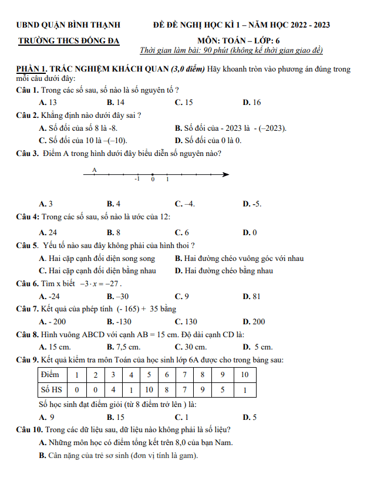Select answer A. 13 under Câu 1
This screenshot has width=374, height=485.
coord(48,102)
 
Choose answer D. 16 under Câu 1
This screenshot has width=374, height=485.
coord(252,102)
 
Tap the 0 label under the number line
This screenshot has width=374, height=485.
coord(153,179)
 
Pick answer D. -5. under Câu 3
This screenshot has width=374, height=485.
coord(252,204)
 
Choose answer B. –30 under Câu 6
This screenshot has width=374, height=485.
coord(118,296)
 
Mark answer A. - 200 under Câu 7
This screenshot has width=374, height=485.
coord(52,321)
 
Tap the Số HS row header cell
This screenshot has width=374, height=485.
coord(50,389)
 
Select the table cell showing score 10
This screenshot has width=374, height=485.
coord(245,374)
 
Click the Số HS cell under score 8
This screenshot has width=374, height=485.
coord(203,389)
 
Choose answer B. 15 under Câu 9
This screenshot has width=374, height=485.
coord(116,418)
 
